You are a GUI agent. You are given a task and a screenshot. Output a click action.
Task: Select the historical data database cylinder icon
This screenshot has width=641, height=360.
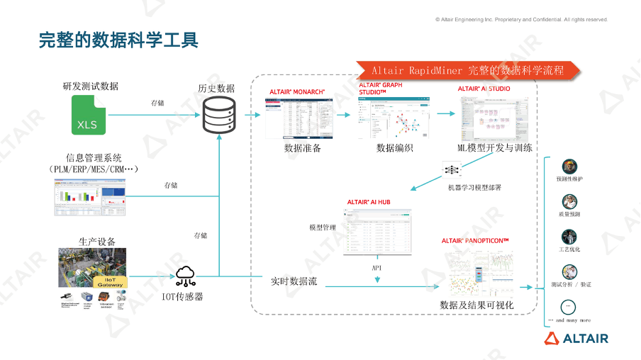coord(219,116)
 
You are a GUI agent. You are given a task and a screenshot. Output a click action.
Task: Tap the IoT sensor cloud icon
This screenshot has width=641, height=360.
coord(187,275)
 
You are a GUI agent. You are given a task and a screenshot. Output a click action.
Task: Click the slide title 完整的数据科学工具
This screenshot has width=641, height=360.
coord(118,40)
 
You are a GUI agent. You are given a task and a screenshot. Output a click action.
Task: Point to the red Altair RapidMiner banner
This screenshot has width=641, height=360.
coord(467,70)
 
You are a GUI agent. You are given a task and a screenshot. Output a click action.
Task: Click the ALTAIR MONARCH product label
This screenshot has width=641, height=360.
coord(297,93)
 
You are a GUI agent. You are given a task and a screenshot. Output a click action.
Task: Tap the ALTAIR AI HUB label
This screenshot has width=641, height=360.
coord(369,202)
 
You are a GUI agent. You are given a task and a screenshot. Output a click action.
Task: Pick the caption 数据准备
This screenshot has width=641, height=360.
coord(303,148)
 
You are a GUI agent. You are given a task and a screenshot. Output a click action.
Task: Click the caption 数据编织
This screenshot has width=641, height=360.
coord(395,148)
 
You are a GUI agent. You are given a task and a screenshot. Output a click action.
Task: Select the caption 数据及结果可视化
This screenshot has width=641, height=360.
coord(476,305)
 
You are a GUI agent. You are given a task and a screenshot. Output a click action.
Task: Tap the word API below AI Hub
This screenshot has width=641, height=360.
coord(377,268)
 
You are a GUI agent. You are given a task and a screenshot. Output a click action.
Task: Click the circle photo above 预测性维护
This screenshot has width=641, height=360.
coord(569,167)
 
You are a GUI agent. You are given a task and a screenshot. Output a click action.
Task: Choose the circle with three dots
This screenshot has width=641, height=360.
coord(568,307)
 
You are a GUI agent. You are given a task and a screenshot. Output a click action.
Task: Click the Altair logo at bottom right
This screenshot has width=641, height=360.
coord(576,339)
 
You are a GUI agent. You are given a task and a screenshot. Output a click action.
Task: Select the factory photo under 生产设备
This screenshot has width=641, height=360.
coord(92,267)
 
